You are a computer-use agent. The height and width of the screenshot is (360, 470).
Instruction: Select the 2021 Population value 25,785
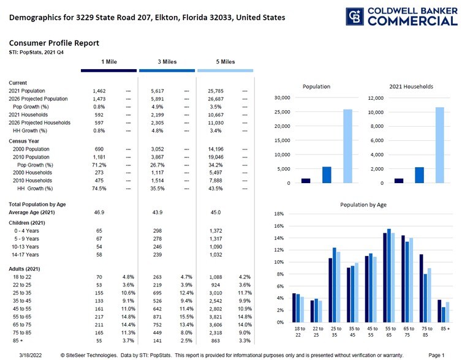[218, 91]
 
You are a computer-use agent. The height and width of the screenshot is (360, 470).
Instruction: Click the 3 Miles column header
[167, 62]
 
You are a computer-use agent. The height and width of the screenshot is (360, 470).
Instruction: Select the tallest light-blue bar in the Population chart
[347, 146]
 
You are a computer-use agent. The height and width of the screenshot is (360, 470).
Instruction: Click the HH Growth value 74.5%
[99, 189]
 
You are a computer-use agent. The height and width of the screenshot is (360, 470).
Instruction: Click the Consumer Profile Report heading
[54, 43]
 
